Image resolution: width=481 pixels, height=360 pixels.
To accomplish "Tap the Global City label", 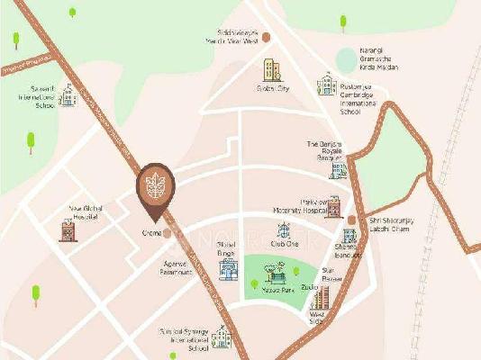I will tap(272, 88).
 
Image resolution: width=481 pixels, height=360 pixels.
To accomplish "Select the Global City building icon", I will tap(272, 69).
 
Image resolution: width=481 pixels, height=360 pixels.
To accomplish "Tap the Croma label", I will tap(150, 233).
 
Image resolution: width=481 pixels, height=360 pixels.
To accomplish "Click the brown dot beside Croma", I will tap(168, 232).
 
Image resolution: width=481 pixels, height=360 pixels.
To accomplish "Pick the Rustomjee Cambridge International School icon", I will tap(324, 85).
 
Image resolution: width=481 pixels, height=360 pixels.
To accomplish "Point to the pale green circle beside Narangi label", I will tap(346, 60).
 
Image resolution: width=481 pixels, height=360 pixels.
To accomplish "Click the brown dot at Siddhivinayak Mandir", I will tap(266, 37).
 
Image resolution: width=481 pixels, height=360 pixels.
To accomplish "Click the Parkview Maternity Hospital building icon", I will tap(333, 206).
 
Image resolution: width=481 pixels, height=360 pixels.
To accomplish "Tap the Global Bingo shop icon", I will tap(228, 268).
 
